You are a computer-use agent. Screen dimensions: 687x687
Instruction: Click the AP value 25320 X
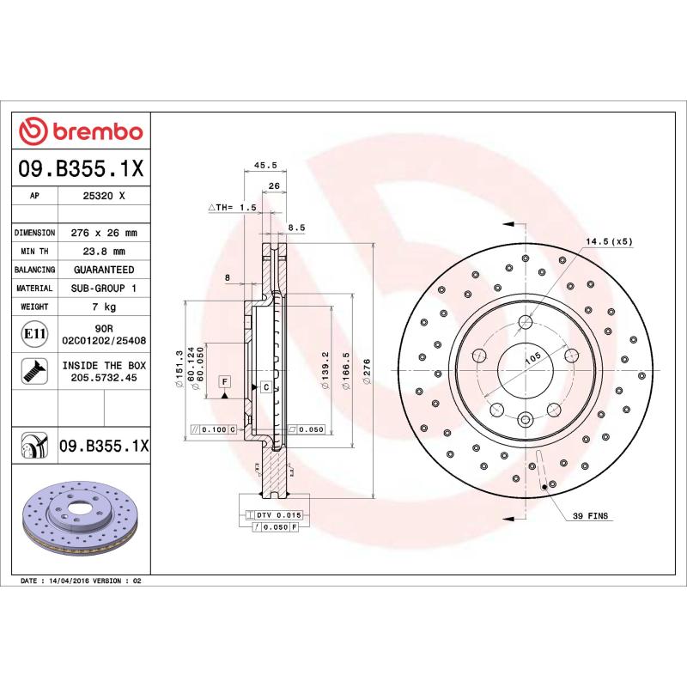[104, 196]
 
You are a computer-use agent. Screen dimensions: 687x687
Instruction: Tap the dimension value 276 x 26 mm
[104, 233]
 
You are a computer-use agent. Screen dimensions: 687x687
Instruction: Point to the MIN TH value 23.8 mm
[104, 252]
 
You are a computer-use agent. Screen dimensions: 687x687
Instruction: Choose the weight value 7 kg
[104, 307]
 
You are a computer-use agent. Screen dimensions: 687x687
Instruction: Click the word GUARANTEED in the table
[104, 270]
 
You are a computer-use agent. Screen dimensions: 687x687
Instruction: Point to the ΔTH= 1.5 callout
[232, 208]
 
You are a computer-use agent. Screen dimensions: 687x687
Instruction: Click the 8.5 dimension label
[296, 228]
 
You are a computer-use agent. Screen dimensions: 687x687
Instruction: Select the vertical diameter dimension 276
[367, 372]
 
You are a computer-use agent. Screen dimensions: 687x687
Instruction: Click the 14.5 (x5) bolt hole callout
[609, 241]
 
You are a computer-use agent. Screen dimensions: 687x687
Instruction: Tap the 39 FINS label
[589, 516]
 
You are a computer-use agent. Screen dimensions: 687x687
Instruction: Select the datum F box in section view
[224, 380]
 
